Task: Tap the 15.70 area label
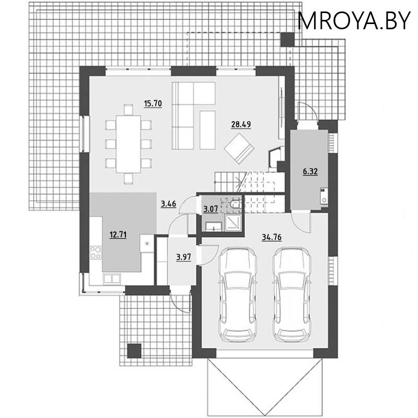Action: click(x=152, y=103)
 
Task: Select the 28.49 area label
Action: click(x=241, y=124)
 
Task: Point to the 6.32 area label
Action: click(x=311, y=171)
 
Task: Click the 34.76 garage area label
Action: click(x=272, y=237)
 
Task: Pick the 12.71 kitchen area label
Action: click(x=118, y=234)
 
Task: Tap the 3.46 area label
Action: click(x=168, y=204)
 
